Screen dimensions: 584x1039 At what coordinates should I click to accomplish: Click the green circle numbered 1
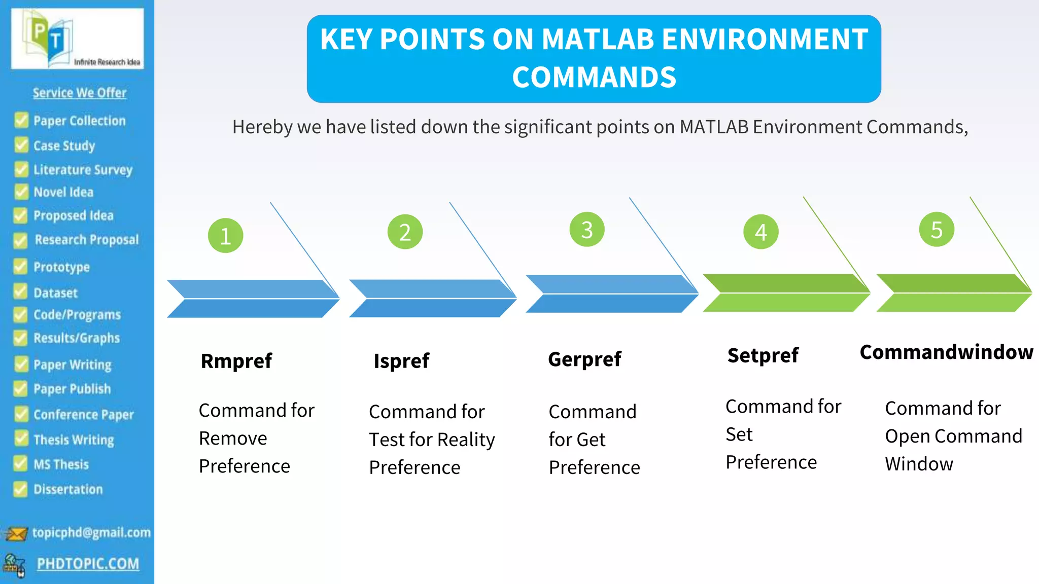tap(225, 236)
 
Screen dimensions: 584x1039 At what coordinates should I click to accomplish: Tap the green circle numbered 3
tap(586, 230)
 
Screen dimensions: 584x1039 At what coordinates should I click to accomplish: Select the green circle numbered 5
tap(937, 230)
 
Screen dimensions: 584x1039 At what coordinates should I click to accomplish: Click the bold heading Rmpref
tap(236, 361)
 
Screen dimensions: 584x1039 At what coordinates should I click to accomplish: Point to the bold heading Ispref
tap(401, 361)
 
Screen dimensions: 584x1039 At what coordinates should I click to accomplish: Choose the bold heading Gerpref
tap(584, 359)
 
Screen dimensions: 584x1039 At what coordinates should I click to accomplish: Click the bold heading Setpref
tap(763, 355)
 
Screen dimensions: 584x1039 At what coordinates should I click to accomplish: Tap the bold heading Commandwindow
tap(946, 352)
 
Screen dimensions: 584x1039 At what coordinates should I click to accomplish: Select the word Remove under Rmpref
tap(233, 438)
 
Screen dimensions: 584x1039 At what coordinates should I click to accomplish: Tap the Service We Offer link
tap(80, 93)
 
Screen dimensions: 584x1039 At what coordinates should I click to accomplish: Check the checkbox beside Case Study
tap(21, 145)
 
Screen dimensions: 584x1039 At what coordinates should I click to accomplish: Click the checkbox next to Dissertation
tap(20, 489)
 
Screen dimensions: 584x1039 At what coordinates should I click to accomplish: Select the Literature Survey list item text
tap(83, 169)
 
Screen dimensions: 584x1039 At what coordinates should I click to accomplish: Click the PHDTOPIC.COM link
tap(88, 564)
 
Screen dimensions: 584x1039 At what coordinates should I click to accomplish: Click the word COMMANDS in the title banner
tap(594, 77)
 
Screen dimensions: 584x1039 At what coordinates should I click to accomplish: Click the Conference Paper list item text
tap(84, 415)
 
